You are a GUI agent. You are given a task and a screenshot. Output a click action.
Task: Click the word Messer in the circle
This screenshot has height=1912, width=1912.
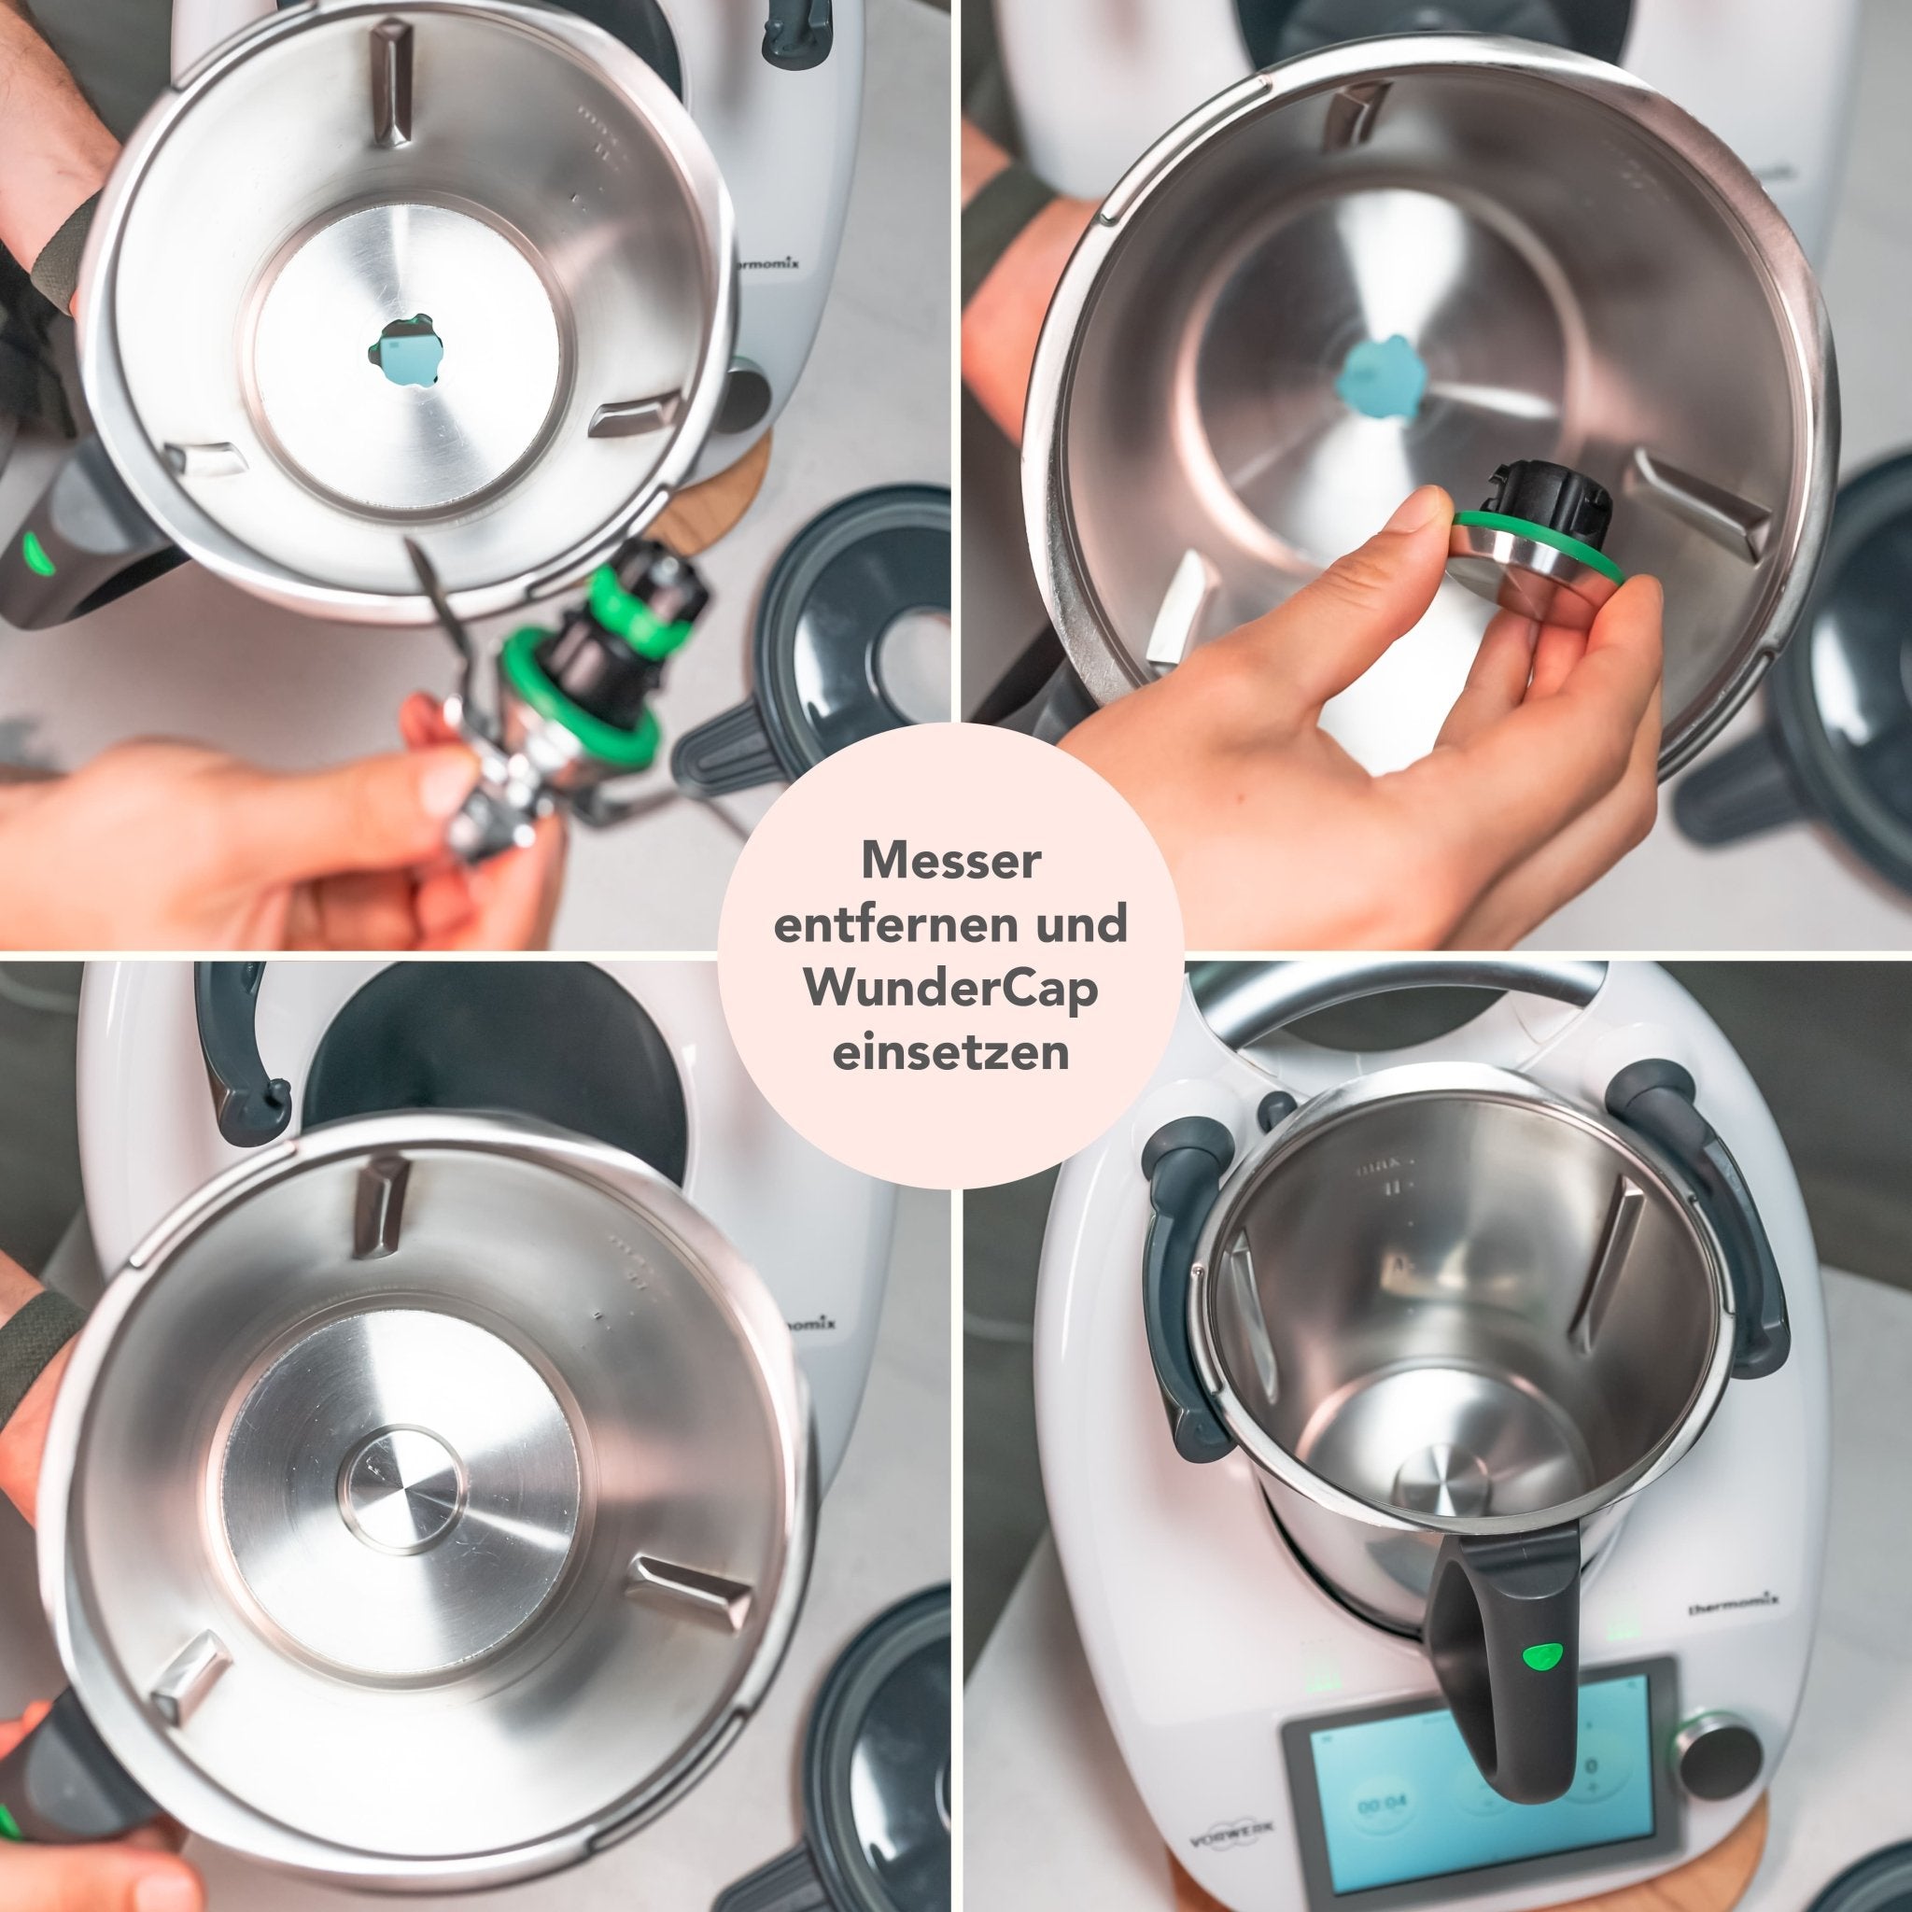[x=951, y=860]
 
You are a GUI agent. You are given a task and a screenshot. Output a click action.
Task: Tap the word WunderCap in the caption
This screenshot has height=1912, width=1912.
[x=951, y=989]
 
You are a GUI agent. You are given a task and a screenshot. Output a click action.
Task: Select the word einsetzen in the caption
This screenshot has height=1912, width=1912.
[x=951, y=1051]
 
